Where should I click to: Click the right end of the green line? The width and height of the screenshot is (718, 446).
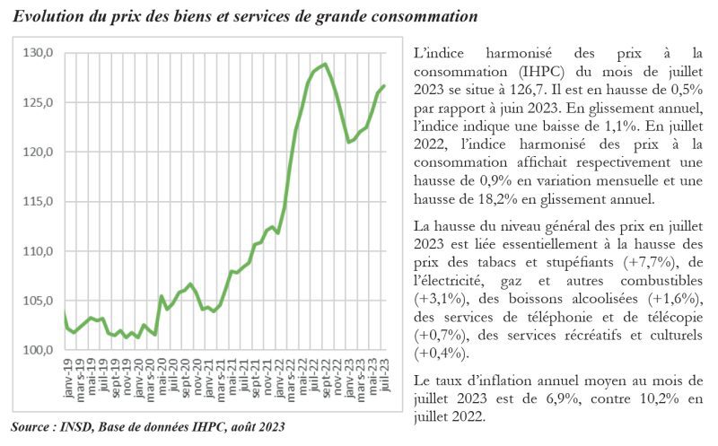[384, 86]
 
